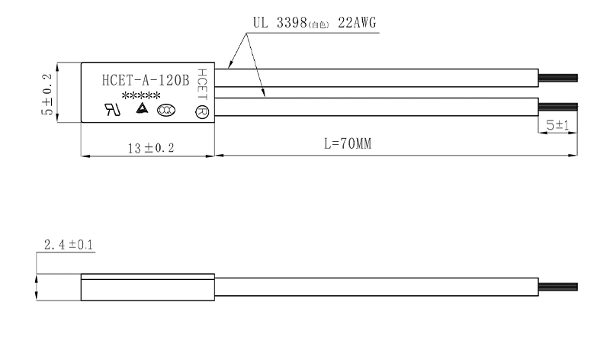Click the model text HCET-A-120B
[x=145, y=79]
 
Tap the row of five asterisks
[x=141, y=95]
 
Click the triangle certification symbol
[x=141, y=109]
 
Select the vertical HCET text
[x=202, y=83]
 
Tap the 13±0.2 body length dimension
[x=149, y=147]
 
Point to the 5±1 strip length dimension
[x=557, y=124]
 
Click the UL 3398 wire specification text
[x=277, y=24]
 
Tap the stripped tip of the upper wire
[x=558, y=78]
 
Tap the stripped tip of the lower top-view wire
[x=558, y=105]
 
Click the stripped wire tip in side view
[x=558, y=288]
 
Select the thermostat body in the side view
[x=148, y=288]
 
